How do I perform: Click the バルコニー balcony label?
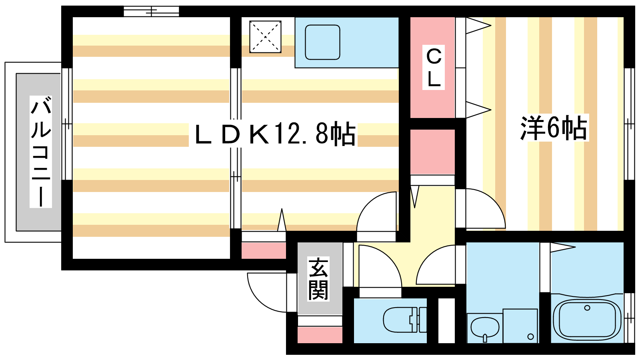(41, 152)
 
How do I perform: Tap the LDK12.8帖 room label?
(275, 134)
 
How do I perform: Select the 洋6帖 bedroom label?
(554, 128)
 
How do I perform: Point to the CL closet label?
(434, 68)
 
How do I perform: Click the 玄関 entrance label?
(318, 278)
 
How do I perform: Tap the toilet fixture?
(404, 320)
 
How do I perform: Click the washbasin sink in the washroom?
(484, 328)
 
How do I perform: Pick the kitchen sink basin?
(322, 42)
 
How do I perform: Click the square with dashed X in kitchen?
(265, 36)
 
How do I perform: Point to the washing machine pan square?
(520, 326)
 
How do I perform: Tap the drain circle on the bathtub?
(587, 308)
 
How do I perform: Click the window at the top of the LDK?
(151, 12)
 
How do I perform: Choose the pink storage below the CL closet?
(432, 152)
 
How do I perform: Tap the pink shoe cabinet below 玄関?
(320, 335)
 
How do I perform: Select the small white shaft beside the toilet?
(446, 320)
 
